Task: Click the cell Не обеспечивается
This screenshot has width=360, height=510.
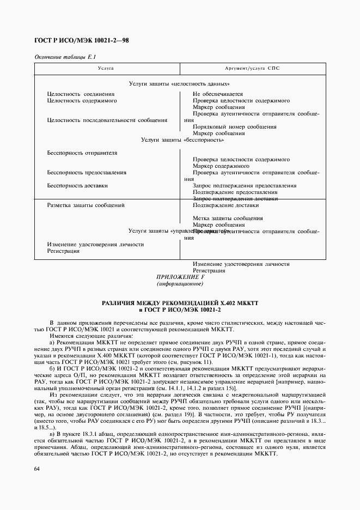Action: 218,94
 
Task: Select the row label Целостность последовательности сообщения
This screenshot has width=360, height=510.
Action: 107,120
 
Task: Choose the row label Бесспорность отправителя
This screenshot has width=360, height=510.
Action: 82,153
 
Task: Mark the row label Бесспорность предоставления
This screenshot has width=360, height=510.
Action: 87,173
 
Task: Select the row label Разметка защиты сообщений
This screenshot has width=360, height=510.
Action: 86,205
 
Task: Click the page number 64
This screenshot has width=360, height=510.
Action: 37,469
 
